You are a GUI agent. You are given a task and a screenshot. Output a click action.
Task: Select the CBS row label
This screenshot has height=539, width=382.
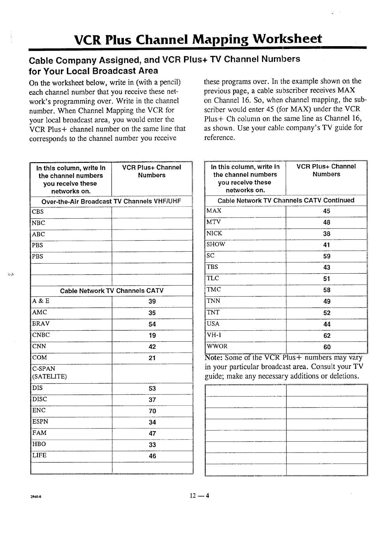pos(38,212)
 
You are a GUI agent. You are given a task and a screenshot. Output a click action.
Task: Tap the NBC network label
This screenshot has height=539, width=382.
pos(39,223)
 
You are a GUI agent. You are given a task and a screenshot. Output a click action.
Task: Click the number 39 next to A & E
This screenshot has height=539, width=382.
pos(152,302)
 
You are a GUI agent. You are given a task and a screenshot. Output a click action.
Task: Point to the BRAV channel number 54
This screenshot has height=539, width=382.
pos(152,324)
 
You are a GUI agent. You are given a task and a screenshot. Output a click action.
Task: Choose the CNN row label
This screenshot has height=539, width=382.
pos(39,346)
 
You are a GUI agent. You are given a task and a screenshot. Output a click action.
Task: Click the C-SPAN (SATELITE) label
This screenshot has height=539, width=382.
pos(49,373)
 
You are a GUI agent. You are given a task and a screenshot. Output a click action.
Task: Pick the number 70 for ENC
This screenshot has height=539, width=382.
pos(152,411)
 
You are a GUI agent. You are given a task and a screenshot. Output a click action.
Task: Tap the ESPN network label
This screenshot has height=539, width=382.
pos(40,422)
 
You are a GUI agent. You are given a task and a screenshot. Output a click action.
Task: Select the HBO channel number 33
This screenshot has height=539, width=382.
pos(152,445)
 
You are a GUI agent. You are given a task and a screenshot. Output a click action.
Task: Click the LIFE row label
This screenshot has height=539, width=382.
pos(39,455)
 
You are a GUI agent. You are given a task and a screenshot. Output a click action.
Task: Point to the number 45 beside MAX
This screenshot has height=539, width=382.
pos(326,211)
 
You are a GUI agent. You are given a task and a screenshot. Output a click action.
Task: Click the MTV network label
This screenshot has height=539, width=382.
pos(213,222)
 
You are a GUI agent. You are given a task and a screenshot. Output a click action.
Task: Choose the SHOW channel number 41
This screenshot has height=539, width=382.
pos(326,245)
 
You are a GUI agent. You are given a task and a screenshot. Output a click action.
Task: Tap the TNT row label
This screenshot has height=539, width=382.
pos(213,312)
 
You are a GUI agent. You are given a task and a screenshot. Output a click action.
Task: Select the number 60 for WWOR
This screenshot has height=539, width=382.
pos(327,347)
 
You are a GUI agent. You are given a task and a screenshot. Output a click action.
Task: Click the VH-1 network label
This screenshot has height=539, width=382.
pos(214,335)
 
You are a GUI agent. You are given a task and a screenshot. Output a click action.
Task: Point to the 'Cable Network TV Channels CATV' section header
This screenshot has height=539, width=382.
pos(112,291)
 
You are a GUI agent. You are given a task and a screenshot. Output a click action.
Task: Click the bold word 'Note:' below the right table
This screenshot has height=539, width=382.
pos(214,358)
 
